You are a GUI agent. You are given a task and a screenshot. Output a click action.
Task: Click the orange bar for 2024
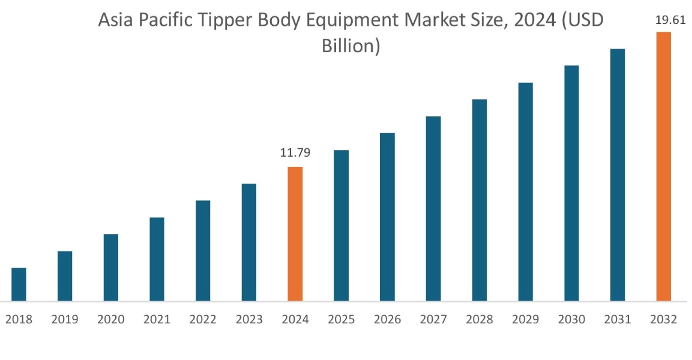(295, 233)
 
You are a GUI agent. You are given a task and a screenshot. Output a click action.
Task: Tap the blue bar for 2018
(19, 284)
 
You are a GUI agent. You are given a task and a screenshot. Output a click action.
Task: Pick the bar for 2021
(157, 259)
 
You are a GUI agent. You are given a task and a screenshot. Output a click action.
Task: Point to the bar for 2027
(433, 208)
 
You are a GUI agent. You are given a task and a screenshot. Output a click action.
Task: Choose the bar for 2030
(571, 183)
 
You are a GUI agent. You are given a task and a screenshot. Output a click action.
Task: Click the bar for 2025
(341, 225)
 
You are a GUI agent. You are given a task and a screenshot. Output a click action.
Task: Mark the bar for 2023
(249, 242)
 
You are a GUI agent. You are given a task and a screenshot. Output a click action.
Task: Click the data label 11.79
(295, 153)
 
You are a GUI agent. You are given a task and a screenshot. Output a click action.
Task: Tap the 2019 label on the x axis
(65, 320)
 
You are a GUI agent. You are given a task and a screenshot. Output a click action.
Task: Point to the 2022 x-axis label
(203, 320)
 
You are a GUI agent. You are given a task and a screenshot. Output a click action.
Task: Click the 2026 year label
(387, 320)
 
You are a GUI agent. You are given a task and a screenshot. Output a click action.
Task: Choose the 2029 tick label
(525, 320)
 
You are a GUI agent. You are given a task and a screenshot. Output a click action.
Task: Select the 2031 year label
(618, 320)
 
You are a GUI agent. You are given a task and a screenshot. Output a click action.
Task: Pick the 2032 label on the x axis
(663, 320)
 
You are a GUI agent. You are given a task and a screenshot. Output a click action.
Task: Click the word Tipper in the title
(225, 22)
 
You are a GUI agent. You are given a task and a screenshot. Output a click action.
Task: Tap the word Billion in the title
(351, 46)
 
